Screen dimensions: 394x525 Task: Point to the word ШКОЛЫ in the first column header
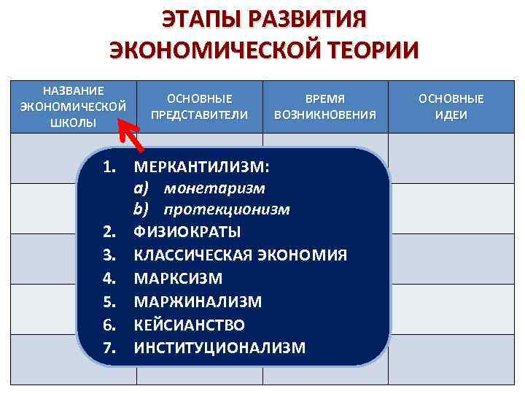[x=73, y=122]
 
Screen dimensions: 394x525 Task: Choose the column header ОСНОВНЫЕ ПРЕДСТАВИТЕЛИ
[x=199, y=107]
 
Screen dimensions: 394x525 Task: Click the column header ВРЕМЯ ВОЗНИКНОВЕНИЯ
[x=324, y=107]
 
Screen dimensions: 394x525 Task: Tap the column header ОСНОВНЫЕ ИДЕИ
[x=451, y=107]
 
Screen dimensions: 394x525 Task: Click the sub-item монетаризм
[x=214, y=188]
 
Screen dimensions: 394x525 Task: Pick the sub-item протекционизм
[x=227, y=210]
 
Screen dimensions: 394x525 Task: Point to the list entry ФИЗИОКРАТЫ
[x=187, y=232]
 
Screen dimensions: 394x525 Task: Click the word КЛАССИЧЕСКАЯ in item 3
[x=190, y=255]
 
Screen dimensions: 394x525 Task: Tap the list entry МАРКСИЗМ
[x=179, y=279]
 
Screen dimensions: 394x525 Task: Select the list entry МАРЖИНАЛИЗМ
[x=198, y=301]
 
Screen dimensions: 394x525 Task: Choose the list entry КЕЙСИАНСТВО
[x=190, y=325]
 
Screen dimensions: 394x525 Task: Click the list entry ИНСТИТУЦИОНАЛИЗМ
[x=220, y=347]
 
